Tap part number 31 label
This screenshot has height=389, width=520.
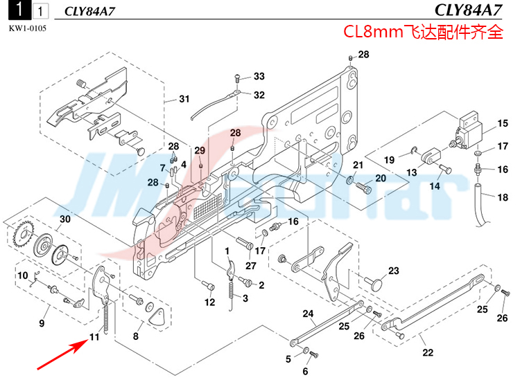184,99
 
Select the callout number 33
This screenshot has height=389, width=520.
259,76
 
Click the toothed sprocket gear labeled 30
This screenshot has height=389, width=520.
24,239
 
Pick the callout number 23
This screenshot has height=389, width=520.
393,271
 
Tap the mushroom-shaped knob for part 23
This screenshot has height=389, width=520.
377,282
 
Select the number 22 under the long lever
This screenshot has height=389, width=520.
428,353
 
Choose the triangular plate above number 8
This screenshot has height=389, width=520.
158,316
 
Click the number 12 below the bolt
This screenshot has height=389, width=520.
209,302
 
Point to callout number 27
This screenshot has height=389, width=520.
250,266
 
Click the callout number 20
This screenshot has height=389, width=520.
380,179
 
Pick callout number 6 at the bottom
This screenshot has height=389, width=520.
304,372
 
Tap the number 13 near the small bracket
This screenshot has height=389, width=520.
412,172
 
